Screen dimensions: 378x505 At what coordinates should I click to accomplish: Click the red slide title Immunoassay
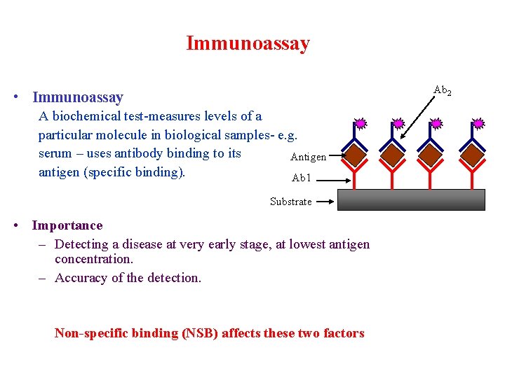(x=248, y=43)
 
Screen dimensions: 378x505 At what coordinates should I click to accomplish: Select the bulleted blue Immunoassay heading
(x=77, y=97)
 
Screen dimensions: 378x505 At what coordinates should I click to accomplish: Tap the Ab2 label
(x=443, y=90)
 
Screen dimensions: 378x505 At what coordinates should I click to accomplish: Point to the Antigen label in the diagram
(x=308, y=157)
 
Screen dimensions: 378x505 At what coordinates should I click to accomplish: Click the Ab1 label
(x=301, y=178)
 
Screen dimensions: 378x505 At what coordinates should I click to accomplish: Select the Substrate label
(x=290, y=202)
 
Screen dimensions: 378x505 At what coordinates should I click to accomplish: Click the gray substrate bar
(x=411, y=199)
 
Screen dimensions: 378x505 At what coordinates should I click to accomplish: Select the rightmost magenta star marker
(x=479, y=124)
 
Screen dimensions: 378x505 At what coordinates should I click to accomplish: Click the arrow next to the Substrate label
(x=324, y=202)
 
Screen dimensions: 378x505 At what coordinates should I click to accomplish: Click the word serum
(x=55, y=153)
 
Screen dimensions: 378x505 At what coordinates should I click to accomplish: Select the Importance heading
(x=67, y=225)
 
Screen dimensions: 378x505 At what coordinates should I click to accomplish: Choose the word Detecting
(x=83, y=244)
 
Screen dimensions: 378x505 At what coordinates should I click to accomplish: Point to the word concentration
(x=93, y=259)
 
